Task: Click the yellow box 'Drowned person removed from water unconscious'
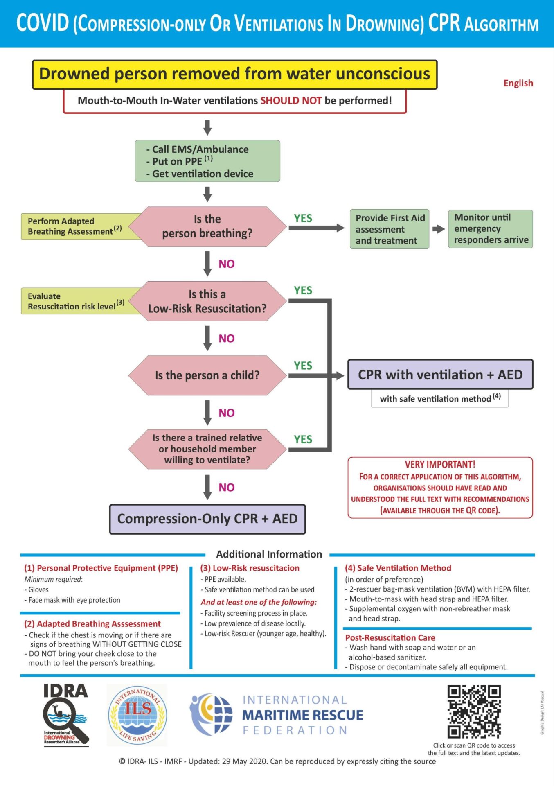pyautogui.click(x=235, y=75)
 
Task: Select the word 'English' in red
pyautogui.click(x=518, y=83)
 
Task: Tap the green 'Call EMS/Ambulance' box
pyautogui.click(x=207, y=161)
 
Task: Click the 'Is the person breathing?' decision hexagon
pyautogui.click(x=207, y=226)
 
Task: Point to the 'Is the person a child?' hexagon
pyautogui.click(x=207, y=375)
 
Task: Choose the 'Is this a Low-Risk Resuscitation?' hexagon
pyautogui.click(x=207, y=301)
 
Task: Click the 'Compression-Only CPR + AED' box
pyautogui.click(x=207, y=519)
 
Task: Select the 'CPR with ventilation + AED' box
pyautogui.click(x=440, y=375)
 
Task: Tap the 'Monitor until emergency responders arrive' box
pyautogui.click(x=491, y=229)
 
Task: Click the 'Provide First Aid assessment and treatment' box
pyautogui.click(x=390, y=229)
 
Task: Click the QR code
pyautogui.click(x=474, y=711)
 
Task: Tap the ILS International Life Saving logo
pyautogui.click(x=137, y=715)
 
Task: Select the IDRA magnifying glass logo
pyautogui.click(x=65, y=715)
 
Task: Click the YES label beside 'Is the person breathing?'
pyautogui.click(x=303, y=218)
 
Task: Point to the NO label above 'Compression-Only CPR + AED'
pyautogui.click(x=226, y=488)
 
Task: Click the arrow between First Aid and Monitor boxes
pyautogui.click(x=439, y=229)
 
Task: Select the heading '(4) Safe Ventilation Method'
pyautogui.click(x=398, y=568)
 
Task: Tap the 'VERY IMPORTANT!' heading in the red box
pyautogui.click(x=440, y=464)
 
